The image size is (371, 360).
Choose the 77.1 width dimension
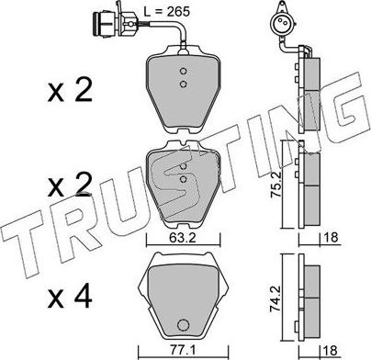coord(182,350)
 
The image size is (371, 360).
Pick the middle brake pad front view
coord(185,186)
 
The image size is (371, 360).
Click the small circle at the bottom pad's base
coord(183,324)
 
